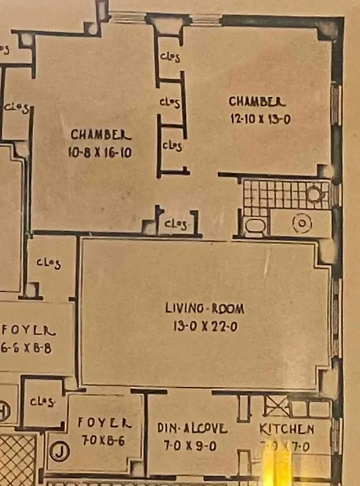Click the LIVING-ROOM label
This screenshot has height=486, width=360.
[x=205, y=309]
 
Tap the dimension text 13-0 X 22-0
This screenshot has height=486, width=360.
[x=205, y=327]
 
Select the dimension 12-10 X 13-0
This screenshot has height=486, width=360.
[x=260, y=119]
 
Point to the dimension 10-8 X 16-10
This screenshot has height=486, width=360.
[x=100, y=152]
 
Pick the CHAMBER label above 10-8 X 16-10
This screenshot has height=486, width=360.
[x=101, y=134]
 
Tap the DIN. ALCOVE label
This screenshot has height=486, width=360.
[x=192, y=428]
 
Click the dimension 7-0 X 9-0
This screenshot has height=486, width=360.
[x=192, y=446]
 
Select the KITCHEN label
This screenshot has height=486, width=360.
[x=287, y=429]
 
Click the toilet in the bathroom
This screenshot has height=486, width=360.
[x=255, y=227]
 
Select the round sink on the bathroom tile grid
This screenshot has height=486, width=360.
[x=314, y=194]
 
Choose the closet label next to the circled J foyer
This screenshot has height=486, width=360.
[x=43, y=402]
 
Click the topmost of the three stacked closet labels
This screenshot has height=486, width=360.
[x=170, y=56]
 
